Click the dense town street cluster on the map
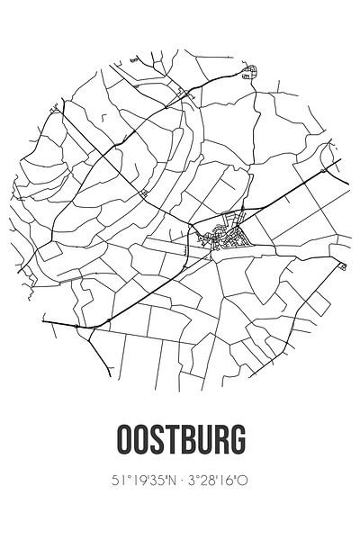(x=224, y=236)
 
